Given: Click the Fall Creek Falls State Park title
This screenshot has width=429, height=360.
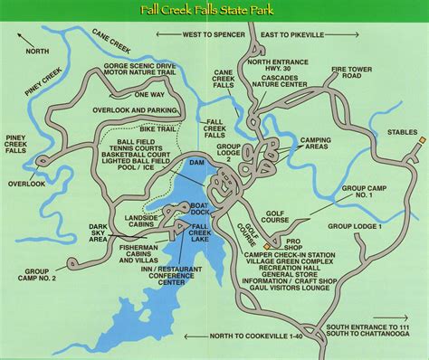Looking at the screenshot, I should [x=214, y=11].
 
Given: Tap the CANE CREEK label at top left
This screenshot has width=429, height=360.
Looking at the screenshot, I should [x=111, y=39].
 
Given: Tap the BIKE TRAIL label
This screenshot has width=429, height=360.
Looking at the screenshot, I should [x=157, y=129].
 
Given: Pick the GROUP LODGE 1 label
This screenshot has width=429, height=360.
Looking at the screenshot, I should [x=356, y=226].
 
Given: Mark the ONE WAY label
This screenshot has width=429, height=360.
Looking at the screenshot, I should [x=149, y=93].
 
